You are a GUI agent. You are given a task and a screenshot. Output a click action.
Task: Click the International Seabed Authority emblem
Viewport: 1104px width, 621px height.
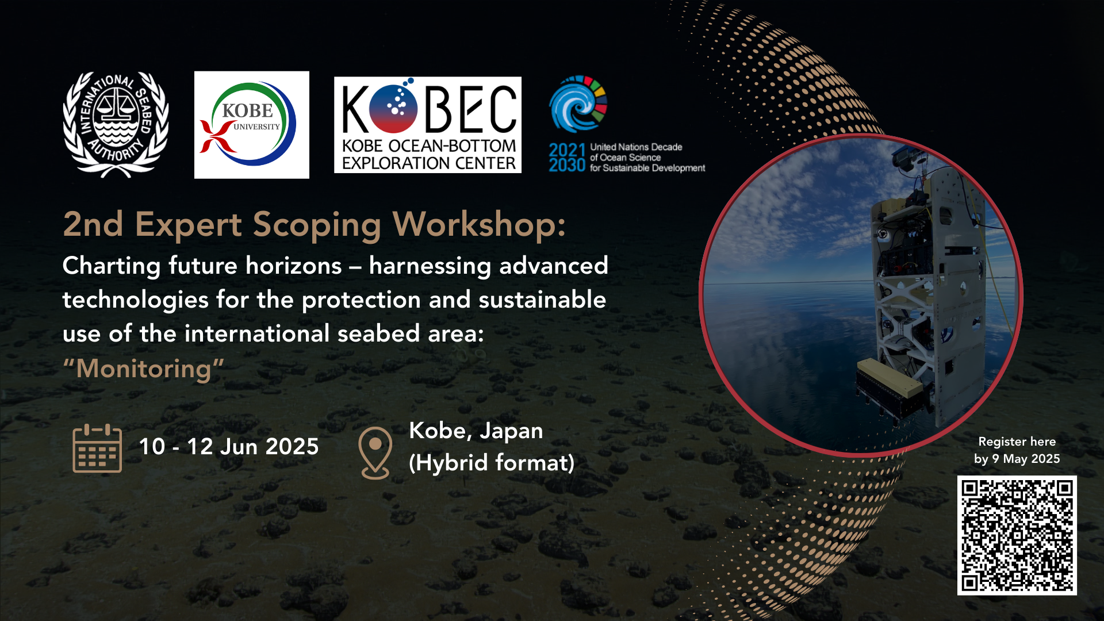(x=116, y=124)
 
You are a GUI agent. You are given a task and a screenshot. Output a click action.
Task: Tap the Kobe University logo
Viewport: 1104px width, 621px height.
(x=252, y=125)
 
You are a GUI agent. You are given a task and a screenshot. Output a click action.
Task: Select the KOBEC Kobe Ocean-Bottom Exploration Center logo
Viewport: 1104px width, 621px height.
(x=428, y=125)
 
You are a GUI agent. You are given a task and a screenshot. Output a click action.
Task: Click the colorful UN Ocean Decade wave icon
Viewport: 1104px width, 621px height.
(x=578, y=103)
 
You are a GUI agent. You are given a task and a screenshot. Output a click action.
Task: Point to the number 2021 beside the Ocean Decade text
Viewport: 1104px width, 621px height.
(x=567, y=150)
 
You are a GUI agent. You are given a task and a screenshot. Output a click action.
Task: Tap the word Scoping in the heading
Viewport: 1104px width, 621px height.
(x=317, y=225)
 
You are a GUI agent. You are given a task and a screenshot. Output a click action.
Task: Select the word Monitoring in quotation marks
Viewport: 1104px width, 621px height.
(x=144, y=369)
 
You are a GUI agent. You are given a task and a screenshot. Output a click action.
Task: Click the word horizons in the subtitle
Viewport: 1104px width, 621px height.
(x=294, y=266)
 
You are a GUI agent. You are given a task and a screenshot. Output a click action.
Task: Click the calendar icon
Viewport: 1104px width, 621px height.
(x=97, y=448)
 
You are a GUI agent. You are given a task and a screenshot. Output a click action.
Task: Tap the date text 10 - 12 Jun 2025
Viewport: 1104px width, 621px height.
(x=229, y=447)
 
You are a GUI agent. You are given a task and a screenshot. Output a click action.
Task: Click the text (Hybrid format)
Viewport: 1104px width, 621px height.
(x=492, y=463)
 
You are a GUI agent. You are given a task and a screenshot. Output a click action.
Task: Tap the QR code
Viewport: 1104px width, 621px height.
(x=1017, y=535)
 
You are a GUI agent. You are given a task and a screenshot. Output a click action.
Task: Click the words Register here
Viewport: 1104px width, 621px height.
(x=1017, y=442)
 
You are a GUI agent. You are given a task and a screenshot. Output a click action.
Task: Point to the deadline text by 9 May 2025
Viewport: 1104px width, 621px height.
(x=1017, y=459)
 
